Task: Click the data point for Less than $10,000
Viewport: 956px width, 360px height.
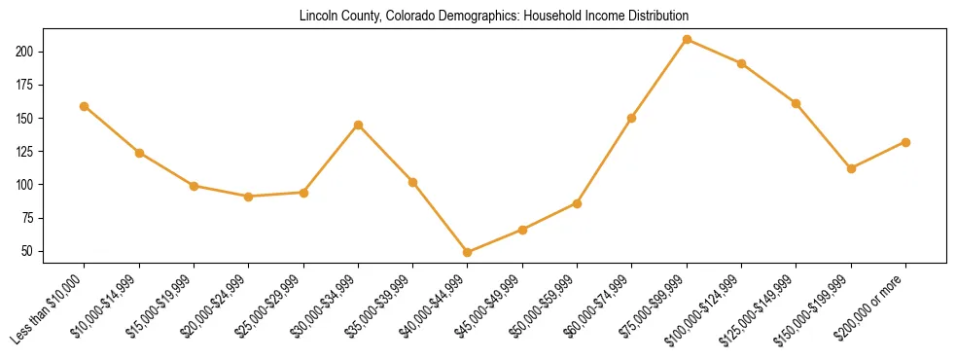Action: [x=85, y=106]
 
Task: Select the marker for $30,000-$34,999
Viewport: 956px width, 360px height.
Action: [x=359, y=125]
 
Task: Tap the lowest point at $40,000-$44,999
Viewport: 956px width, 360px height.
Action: [x=468, y=252]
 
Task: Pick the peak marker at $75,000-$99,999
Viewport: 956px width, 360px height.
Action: [x=687, y=39]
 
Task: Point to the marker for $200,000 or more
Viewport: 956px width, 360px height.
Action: [x=905, y=142]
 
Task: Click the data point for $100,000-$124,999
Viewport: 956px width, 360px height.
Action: [x=741, y=63]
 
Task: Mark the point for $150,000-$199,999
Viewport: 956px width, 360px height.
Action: [x=851, y=168]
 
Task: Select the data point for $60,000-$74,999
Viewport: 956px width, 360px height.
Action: [x=632, y=118]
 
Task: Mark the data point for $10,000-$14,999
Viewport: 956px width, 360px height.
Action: [x=139, y=153]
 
